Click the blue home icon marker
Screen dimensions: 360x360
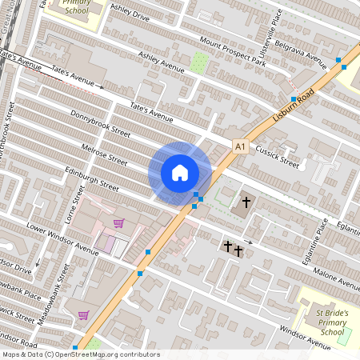(180, 172)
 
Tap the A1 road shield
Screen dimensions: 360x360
(241, 146)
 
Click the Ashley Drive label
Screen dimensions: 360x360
(130, 15)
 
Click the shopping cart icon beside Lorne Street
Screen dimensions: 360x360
(118, 223)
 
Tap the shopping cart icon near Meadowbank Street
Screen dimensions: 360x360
(83, 314)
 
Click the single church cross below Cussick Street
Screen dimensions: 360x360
(246, 202)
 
